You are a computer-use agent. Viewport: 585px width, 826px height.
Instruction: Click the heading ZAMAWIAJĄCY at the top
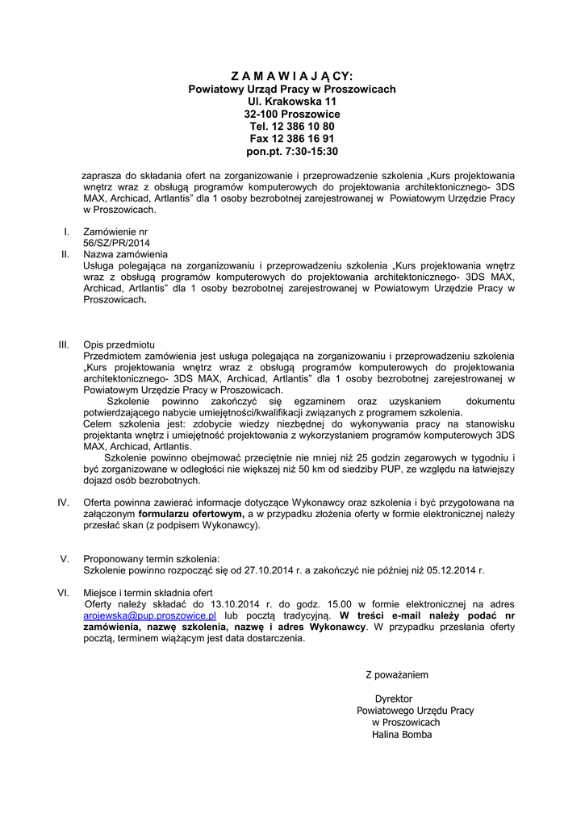292,76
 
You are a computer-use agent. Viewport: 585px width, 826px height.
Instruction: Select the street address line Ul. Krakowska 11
292,102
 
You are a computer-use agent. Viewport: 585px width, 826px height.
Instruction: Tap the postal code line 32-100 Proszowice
292,115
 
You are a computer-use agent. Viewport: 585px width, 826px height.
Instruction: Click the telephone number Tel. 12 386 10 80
292,127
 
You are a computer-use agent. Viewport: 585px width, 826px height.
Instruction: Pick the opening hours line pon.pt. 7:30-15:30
292,151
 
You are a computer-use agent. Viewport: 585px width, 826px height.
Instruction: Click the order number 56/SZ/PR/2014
116,242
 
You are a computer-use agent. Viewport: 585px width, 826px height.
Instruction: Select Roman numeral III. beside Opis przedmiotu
65,344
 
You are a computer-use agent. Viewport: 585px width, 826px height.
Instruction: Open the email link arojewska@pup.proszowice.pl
150,615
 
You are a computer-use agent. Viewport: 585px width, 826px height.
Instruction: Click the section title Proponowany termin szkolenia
151,558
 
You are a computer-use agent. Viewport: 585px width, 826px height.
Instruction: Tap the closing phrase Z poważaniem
397,674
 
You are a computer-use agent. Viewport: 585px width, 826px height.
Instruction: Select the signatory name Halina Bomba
402,735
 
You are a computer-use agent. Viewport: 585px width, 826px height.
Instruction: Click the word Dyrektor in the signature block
394,699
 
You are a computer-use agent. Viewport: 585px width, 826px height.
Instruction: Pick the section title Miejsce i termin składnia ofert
148,593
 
